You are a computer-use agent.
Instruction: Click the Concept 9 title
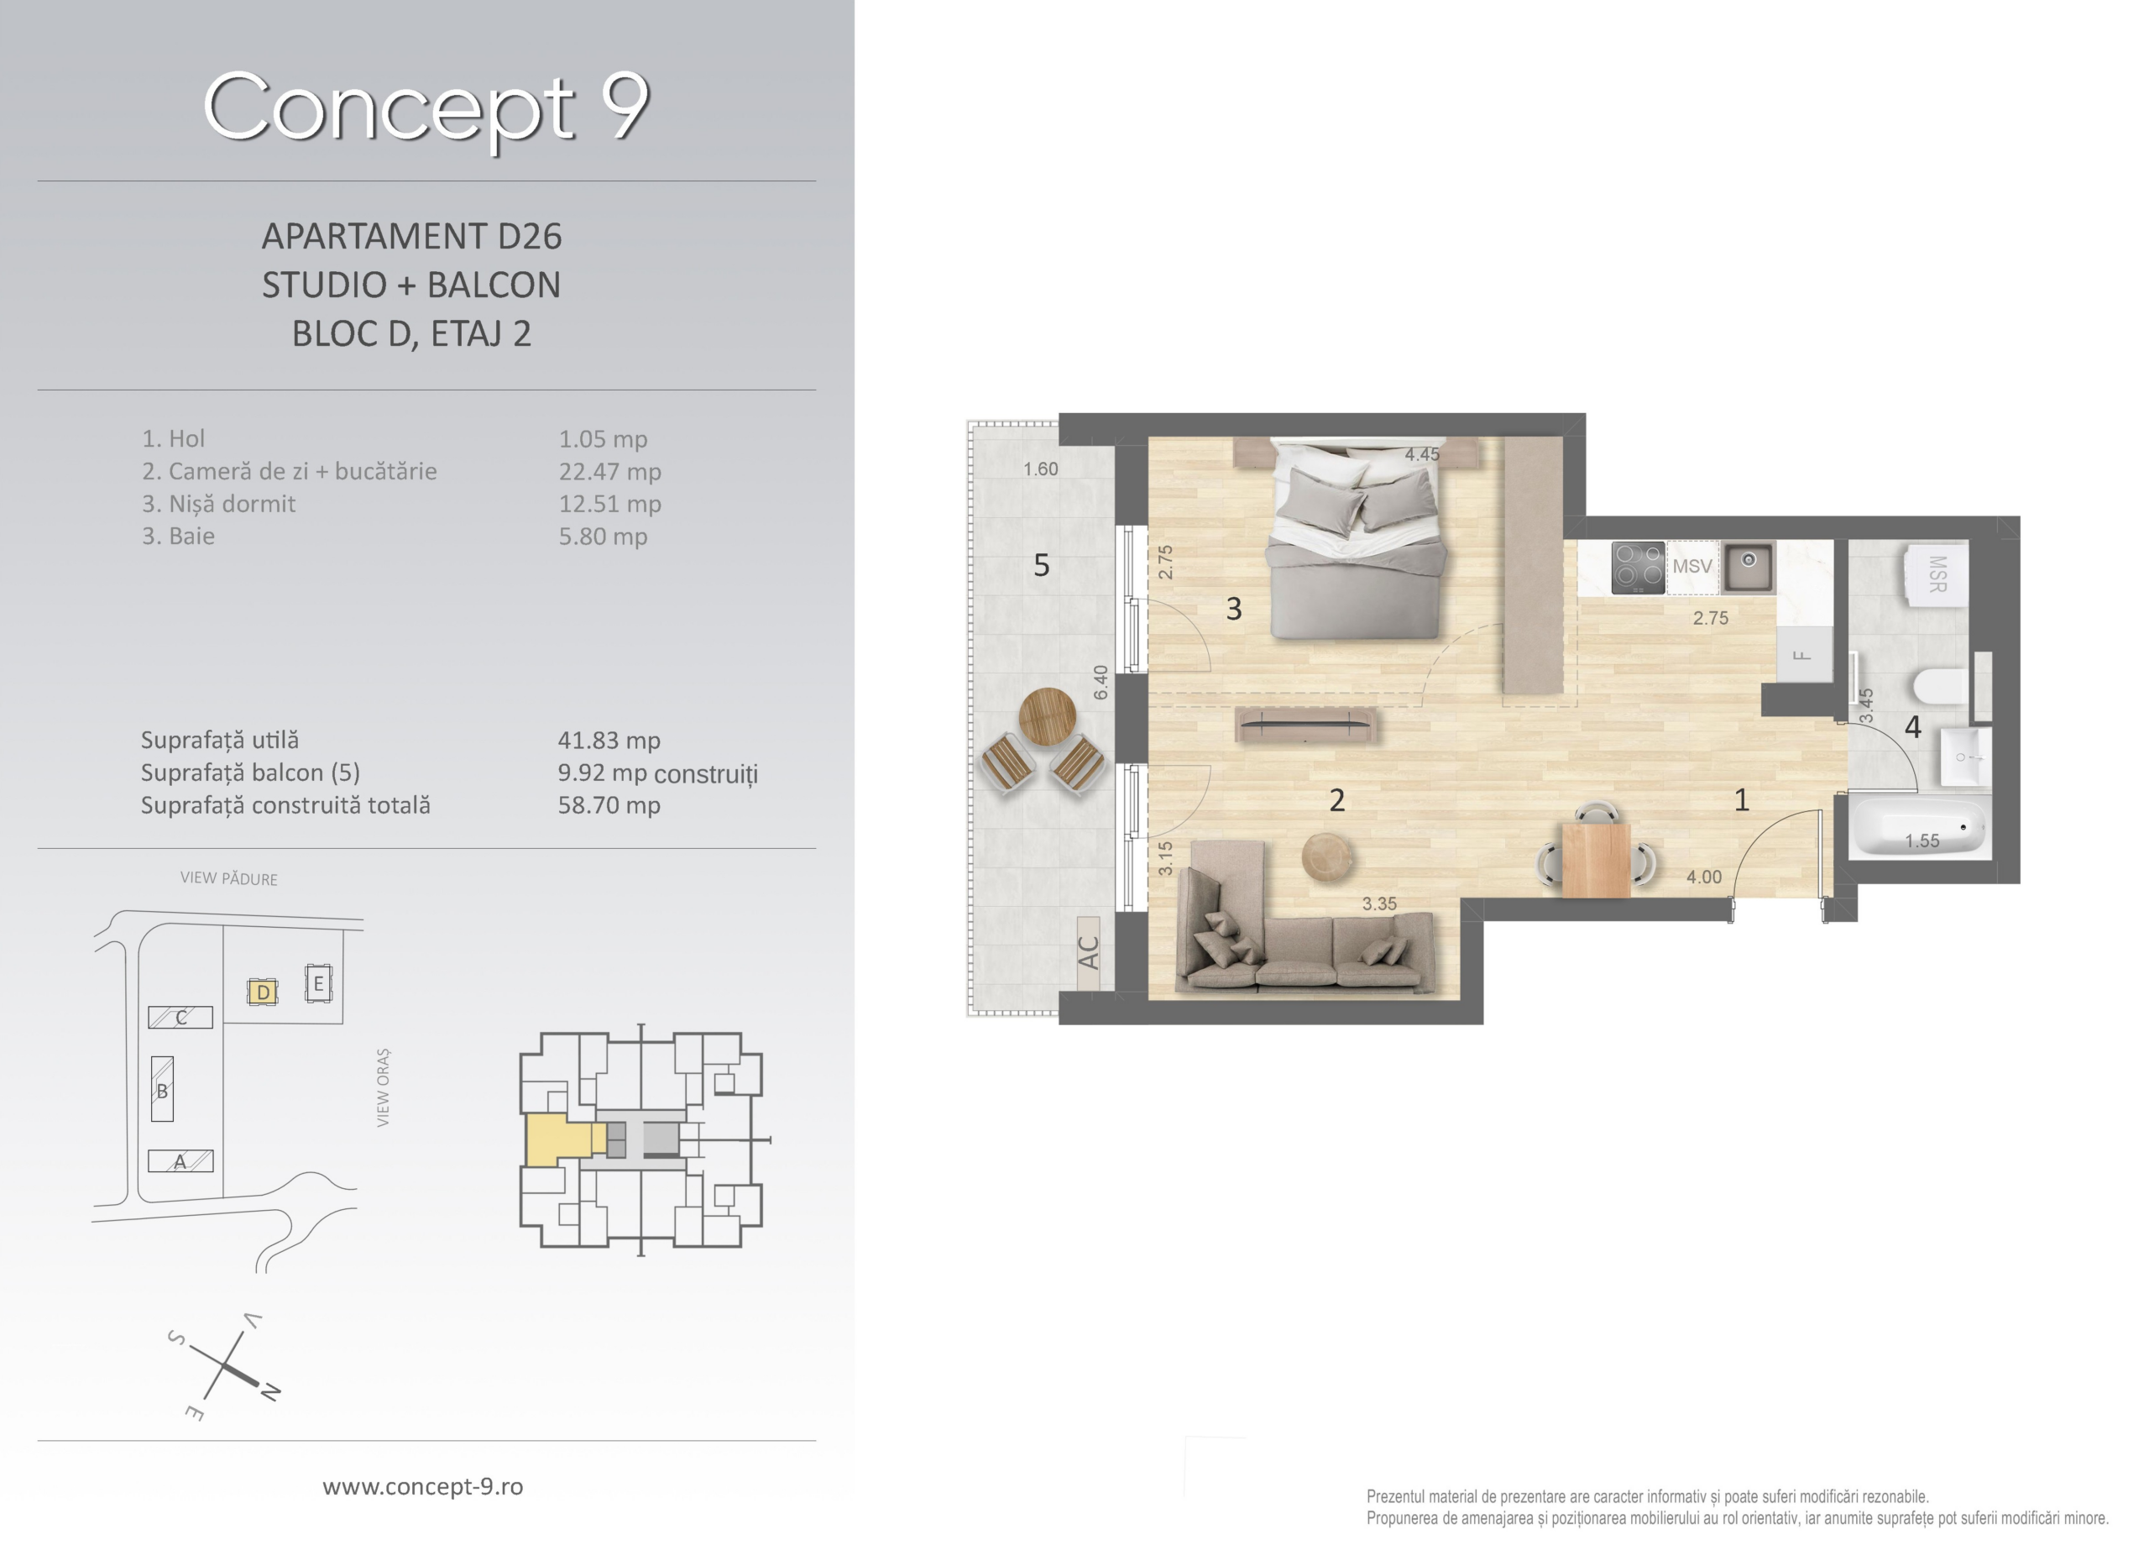[426, 107]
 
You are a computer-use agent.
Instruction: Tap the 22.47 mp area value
[609, 472]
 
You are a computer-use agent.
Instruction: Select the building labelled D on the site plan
[263, 992]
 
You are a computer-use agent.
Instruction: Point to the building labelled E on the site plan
[318, 983]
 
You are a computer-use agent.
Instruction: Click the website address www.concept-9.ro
[422, 1486]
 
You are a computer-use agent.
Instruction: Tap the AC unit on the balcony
[1089, 953]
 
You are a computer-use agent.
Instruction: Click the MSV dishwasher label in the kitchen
[1691, 567]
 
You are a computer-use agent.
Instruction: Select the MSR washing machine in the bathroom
[1937, 574]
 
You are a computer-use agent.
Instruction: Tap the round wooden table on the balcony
[1047, 715]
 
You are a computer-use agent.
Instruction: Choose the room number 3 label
[1233, 609]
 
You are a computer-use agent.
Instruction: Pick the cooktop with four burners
[1639, 568]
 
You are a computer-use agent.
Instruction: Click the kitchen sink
[1749, 566]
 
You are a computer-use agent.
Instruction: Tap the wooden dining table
[1597, 860]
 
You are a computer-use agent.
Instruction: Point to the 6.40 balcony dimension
[1100, 682]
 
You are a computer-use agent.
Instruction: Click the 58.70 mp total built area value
[609, 806]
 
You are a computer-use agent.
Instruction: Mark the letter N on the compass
[270, 1391]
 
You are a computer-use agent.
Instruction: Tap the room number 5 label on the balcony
[1041, 566]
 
